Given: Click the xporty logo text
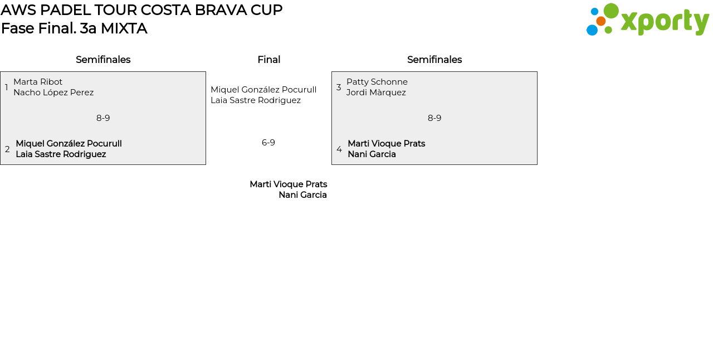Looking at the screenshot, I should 665,22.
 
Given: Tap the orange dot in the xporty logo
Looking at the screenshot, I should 600,21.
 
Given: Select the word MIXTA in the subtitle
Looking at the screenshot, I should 124,28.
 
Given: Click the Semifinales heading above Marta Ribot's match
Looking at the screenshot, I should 103,60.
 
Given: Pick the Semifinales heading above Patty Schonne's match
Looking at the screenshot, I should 434,60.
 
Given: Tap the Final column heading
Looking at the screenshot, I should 268,60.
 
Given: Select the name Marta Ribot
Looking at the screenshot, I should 38,82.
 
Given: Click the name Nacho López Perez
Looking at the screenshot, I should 53,93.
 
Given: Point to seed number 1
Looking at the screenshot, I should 7,87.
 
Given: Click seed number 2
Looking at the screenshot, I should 7,149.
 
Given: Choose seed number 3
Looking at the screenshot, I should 339,87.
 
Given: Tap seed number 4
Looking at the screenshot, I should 339,149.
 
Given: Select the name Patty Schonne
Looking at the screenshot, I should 377,82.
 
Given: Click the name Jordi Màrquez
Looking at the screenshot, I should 376,93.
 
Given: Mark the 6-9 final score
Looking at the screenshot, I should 268,143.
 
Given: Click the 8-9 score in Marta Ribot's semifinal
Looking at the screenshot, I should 103,118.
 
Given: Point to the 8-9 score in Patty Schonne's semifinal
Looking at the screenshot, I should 434,118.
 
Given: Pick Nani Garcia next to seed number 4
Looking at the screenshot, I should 372,154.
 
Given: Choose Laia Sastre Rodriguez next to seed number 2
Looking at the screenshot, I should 61,154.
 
